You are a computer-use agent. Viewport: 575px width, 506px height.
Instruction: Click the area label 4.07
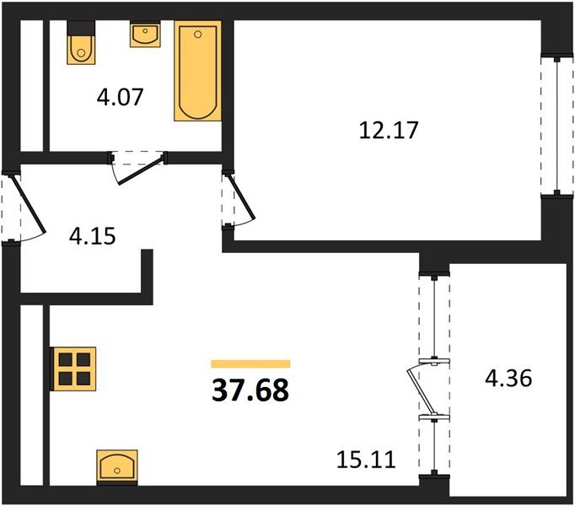[120, 97]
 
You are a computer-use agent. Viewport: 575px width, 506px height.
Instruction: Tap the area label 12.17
[389, 130]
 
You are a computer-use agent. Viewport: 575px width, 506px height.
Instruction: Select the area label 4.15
[93, 236]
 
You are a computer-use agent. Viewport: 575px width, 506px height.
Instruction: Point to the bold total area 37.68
[250, 390]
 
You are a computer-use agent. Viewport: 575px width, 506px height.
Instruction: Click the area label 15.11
[366, 460]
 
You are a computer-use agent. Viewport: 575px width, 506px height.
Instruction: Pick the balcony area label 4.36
[508, 379]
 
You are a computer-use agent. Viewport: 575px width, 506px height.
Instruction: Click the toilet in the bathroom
[81, 42]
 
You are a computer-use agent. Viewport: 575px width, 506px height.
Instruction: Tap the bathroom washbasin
[145, 34]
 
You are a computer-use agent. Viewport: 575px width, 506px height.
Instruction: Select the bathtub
[197, 71]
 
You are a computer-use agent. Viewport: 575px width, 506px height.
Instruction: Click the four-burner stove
[73, 369]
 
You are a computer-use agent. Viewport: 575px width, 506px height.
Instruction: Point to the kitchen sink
[117, 467]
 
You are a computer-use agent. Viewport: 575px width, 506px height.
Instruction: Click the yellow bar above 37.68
[250, 364]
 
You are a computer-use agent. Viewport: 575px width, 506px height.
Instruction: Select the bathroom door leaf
[141, 170]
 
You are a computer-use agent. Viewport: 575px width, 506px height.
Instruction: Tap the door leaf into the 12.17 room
[241, 196]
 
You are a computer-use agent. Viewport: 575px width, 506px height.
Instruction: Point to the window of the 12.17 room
[557, 125]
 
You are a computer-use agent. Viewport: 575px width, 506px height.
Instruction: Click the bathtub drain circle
[198, 35]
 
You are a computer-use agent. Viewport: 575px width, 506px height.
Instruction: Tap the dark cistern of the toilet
[81, 28]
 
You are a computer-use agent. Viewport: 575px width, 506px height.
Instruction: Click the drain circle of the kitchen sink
[117, 471]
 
